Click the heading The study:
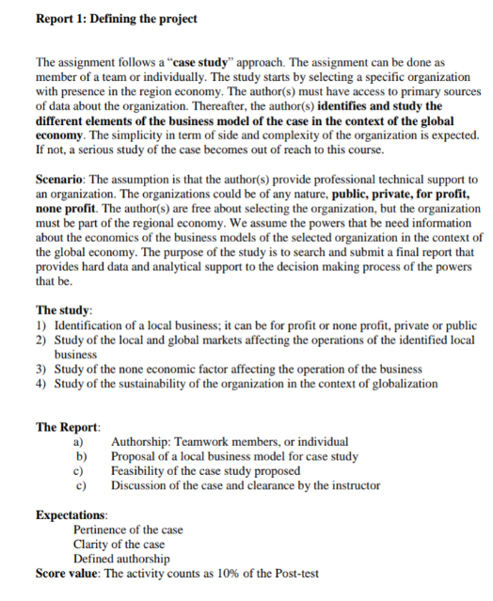click(64, 309)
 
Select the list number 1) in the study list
click(41, 324)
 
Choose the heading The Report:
click(68, 427)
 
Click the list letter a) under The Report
click(80, 441)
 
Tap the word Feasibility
click(141, 470)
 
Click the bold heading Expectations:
click(72, 515)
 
